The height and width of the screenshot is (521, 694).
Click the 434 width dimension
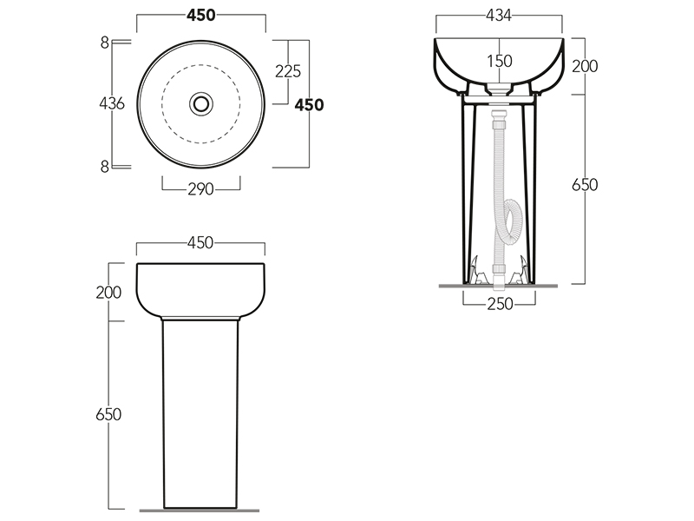pyautogui.click(x=499, y=16)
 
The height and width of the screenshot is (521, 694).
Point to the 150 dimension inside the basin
pyautogui.click(x=500, y=61)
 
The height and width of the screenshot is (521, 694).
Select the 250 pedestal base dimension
pyautogui.click(x=500, y=303)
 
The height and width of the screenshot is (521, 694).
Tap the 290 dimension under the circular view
pyautogui.click(x=200, y=189)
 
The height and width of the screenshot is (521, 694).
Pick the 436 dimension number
pyautogui.click(x=112, y=103)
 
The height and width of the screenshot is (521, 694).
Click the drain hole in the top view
pyautogui.click(x=201, y=103)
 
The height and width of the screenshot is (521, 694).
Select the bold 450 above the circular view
pyautogui.click(x=200, y=16)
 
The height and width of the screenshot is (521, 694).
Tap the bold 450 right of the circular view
pyautogui.click(x=309, y=104)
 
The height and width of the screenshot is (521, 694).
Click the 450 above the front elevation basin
pyautogui.click(x=200, y=244)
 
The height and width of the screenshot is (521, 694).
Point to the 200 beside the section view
pyautogui.click(x=586, y=66)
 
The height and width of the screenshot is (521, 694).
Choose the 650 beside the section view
pyautogui.click(x=586, y=185)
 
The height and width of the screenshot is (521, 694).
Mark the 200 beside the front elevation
pyautogui.click(x=108, y=292)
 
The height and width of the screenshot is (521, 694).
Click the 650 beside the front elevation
pyautogui.click(x=108, y=414)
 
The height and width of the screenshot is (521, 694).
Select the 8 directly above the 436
pyautogui.click(x=104, y=42)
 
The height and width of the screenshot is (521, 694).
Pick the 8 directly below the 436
pyautogui.click(x=104, y=167)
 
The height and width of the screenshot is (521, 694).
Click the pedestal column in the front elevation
pyautogui.click(x=200, y=408)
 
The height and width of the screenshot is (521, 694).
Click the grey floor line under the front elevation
pyautogui.click(x=200, y=510)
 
